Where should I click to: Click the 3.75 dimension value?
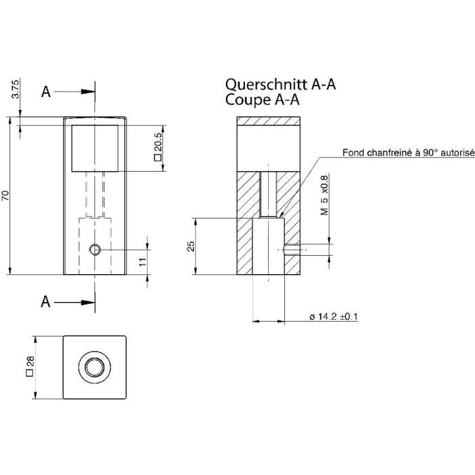16,88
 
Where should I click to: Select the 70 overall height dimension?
5,195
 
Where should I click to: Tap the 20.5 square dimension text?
158,147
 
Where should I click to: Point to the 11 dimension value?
142,262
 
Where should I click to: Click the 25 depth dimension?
191,246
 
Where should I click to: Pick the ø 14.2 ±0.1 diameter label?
334,317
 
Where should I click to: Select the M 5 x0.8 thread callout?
324,195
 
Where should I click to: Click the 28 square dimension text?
31,366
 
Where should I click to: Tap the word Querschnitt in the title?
266,84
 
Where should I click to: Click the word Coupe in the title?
248,99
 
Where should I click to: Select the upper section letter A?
45,92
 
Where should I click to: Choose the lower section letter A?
45,302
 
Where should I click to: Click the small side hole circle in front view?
95,250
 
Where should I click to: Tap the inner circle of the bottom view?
94,367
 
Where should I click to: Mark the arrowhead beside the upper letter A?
88,92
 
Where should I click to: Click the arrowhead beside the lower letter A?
88,302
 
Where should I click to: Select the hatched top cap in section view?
269,121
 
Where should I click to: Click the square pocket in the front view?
95,149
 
